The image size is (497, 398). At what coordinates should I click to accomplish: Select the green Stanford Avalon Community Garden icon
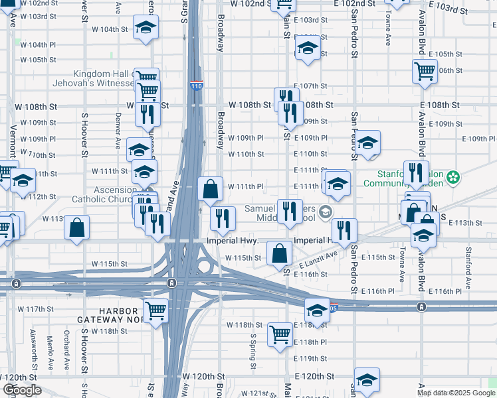click(x=454, y=178)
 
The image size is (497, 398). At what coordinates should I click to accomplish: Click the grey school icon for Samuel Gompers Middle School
click(x=326, y=212)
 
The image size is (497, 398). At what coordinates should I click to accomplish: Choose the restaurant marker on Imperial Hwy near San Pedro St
click(x=344, y=230)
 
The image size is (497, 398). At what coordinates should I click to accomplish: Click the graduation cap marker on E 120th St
click(x=367, y=380)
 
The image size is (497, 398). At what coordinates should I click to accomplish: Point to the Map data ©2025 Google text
click(x=456, y=393)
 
